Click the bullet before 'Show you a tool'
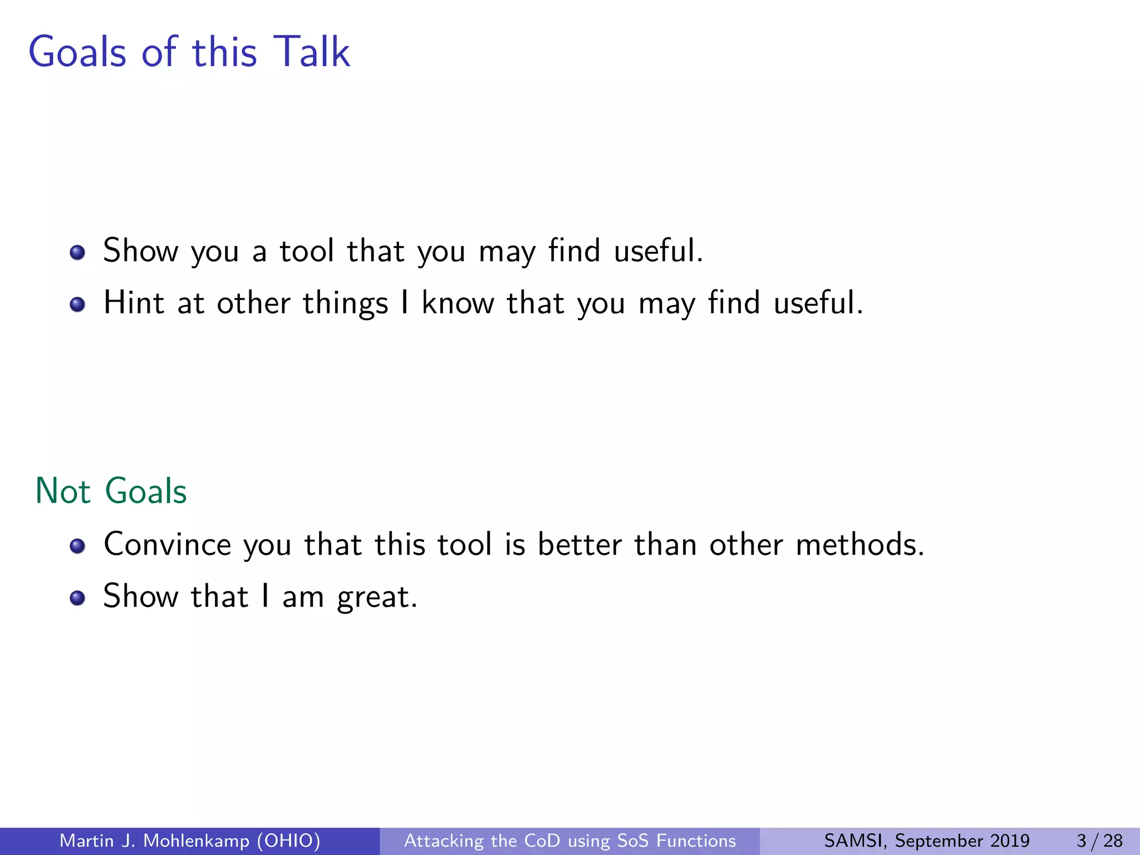[77, 253]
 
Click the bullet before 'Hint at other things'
[77, 304]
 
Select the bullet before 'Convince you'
[77, 546]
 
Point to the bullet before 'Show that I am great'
[77, 598]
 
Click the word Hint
[134, 303]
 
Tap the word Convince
[167, 544]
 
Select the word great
[377, 598]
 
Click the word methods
[859, 544]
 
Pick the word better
[579, 544]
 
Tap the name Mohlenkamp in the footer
[196, 841]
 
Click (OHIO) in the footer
[288, 841]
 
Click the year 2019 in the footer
[1009, 841]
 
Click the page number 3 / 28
[1099, 841]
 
